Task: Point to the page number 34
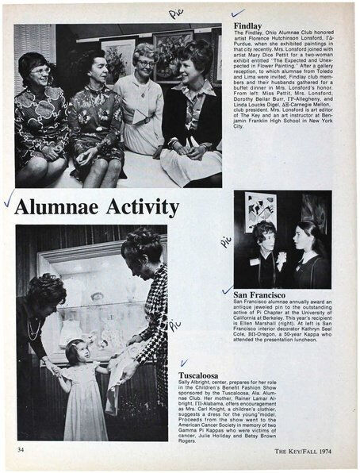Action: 21,450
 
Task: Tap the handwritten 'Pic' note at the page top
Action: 175,13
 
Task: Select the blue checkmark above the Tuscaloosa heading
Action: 184,363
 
